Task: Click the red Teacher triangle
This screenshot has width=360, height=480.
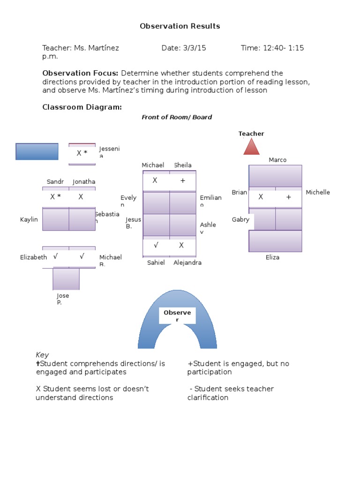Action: point(251,147)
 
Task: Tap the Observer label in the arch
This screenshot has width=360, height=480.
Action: point(177,316)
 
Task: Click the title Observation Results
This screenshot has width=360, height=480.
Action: point(180,26)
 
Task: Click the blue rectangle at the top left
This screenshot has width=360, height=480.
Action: point(37,151)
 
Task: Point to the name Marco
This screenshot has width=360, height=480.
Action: point(277,160)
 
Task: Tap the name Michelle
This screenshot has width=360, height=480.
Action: point(318,192)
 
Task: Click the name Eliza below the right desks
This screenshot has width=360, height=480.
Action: point(272,257)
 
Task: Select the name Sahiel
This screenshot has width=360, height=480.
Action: point(156,262)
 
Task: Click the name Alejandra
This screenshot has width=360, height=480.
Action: point(187,262)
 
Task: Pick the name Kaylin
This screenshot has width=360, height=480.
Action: point(29,219)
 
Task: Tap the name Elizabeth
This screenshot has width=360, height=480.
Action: point(34,257)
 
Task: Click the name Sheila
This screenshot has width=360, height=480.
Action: point(183,165)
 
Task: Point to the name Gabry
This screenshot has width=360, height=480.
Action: point(240,219)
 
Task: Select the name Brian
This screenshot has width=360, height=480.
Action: point(239,192)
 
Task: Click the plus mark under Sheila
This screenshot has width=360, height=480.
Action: point(182,180)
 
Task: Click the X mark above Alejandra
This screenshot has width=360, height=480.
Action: point(181,245)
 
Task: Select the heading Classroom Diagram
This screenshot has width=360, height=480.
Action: point(82,107)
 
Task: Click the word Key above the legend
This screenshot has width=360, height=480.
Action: point(42,355)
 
